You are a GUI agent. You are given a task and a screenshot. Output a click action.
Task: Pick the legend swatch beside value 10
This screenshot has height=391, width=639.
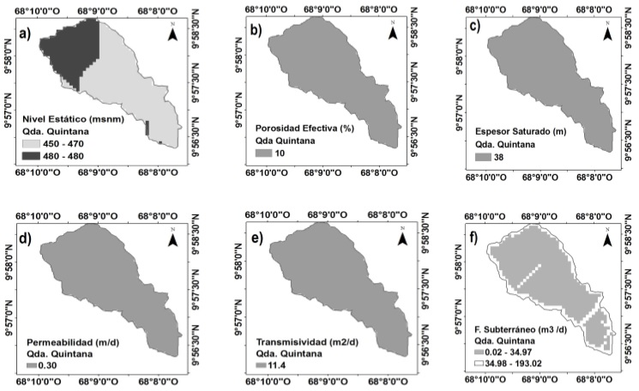point(261,153)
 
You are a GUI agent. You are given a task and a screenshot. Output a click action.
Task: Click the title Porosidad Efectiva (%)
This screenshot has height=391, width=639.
point(293,129)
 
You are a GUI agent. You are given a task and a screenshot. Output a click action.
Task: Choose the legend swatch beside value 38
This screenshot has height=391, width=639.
point(485,159)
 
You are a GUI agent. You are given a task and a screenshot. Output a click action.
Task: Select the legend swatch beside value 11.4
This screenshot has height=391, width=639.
point(261,366)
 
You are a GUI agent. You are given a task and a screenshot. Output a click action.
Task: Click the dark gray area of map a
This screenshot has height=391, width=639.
point(64,51)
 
